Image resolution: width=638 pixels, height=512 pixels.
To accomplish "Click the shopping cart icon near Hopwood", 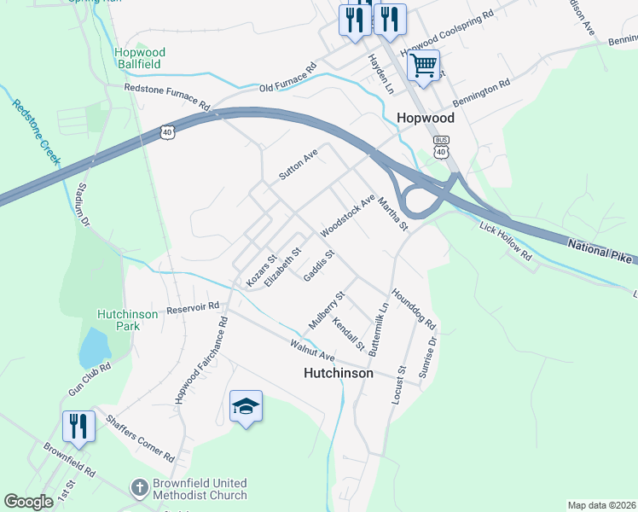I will (x=423, y=65).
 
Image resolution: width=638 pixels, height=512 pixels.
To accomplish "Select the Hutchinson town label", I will (x=339, y=374).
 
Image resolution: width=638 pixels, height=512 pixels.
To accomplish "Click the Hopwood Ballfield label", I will (x=140, y=58).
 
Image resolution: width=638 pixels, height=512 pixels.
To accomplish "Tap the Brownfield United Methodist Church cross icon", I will (x=139, y=488).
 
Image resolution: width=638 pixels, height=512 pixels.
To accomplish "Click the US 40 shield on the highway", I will (x=166, y=131).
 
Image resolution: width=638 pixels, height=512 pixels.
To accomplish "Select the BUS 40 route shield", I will (x=441, y=147).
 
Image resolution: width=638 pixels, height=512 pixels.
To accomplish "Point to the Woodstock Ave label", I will (x=348, y=215).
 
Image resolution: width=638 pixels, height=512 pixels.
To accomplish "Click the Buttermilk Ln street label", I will (x=380, y=327).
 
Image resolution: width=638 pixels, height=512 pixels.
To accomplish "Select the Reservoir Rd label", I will (x=194, y=306).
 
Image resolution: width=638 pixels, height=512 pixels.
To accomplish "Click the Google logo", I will (x=29, y=502).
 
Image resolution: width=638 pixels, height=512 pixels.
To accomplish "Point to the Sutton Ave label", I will (x=299, y=164).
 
